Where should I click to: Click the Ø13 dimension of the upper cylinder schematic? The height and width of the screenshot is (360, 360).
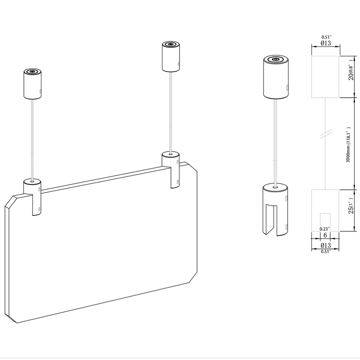pos(326,43)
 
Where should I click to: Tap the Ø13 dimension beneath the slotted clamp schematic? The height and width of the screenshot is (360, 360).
pos(326,245)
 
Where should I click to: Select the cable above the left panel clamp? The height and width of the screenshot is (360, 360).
pos(32,139)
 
